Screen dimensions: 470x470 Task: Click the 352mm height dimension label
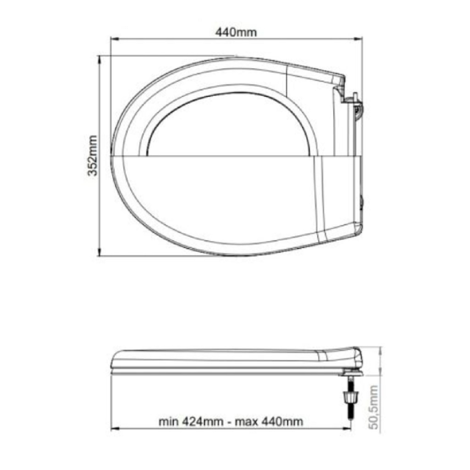93,156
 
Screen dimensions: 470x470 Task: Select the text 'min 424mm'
192,421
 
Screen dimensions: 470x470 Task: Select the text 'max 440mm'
269,421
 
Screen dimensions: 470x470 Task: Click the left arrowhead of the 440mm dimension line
115,39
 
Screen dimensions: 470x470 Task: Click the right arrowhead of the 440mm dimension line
359,39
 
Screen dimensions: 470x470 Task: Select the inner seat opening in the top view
229,128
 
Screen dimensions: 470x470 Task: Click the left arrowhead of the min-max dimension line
116,429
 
